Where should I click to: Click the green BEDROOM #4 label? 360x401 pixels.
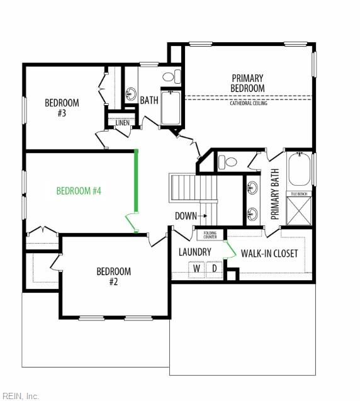pos(79,191)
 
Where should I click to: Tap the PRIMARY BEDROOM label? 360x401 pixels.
pos(247,83)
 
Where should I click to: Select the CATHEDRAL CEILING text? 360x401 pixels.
pos(249,103)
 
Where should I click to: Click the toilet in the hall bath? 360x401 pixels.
pos(172,76)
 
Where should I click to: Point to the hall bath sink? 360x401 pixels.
pos(131,94)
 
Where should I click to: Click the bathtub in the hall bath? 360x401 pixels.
pos(171,108)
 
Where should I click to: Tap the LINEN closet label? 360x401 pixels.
pos(123,123)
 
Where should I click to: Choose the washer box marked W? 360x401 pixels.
pos(196,269)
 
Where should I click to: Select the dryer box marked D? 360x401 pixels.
pos(214,269)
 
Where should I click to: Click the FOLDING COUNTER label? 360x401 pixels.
pos(210,235)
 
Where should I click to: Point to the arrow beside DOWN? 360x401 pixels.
pos(203,216)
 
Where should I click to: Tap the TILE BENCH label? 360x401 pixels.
pos(299,194)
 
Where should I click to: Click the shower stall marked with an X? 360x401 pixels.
pos(299,212)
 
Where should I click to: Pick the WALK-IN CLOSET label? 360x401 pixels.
pos(269,254)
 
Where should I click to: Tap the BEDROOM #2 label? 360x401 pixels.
pos(114,276)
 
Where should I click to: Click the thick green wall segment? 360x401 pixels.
pos(137,181)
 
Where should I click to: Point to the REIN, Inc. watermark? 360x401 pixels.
pos(20,396)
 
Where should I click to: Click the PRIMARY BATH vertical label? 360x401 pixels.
pos(275,195)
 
